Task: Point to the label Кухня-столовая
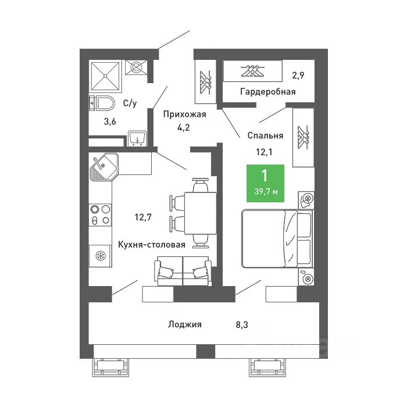click(152, 245)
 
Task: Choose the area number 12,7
click(143, 218)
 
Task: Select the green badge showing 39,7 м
click(265, 184)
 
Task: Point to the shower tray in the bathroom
click(106, 75)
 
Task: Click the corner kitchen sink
click(103, 167)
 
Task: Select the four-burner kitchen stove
click(99, 215)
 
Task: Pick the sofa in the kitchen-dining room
click(183, 272)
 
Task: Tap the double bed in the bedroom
click(277, 238)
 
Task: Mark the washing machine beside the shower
click(137, 67)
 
